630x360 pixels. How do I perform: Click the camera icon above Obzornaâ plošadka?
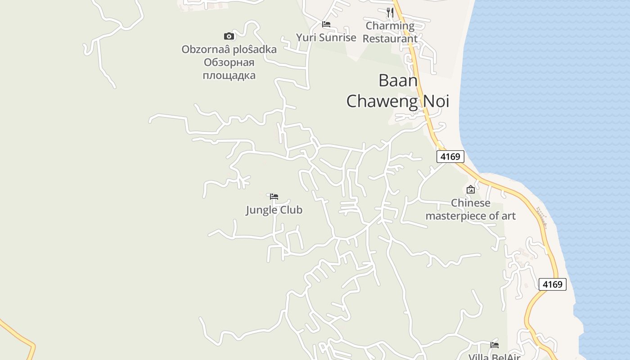click(229, 36)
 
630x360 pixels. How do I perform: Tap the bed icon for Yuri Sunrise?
click(326, 24)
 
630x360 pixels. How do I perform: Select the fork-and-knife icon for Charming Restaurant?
click(390, 12)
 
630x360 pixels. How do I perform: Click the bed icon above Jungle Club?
click(274, 196)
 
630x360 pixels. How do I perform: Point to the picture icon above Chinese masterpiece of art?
click(471, 189)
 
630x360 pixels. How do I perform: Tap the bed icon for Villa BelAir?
click(495, 345)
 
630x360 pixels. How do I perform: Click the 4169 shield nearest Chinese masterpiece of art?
click(450, 157)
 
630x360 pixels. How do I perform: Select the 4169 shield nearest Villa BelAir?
click(552, 284)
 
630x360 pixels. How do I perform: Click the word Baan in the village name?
click(398, 81)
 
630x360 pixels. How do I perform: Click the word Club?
click(291, 210)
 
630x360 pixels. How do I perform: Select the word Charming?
click(390, 26)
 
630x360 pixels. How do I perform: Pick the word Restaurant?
click(390, 39)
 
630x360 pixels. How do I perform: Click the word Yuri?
click(306, 38)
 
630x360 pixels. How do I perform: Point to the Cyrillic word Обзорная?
click(229, 62)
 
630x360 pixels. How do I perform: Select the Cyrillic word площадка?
click(229, 75)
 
